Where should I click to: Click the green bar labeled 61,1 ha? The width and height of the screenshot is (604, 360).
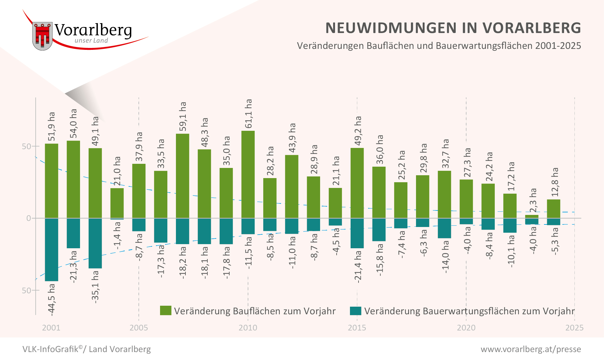pyautogui.click(x=248, y=174)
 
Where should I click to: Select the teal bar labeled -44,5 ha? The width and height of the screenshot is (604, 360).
pyautogui.click(x=51, y=250)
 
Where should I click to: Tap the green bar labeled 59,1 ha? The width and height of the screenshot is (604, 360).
pyautogui.click(x=182, y=176)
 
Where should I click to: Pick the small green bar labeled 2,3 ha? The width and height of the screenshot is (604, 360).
pyautogui.click(x=532, y=217)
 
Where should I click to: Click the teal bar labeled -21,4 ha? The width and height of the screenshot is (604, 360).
pyautogui.click(x=357, y=233)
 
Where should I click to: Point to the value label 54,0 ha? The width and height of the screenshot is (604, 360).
pyautogui.click(x=73, y=123)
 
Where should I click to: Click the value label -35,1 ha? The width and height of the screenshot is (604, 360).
pyautogui.click(x=95, y=287)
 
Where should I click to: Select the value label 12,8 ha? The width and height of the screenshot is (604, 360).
pyautogui.click(x=554, y=182)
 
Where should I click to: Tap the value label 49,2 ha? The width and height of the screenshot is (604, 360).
pyautogui.click(x=358, y=130)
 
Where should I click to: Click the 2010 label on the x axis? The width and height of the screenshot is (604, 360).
pyautogui.click(x=248, y=328)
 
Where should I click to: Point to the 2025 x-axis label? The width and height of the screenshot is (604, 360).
pyautogui.click(x=574, y=328)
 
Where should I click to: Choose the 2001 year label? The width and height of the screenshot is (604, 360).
pyautogui.click(x=51, y=328)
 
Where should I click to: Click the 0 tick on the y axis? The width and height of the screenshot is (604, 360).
pyautogui.click(x=29, y=218)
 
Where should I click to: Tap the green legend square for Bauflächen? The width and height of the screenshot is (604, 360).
pyautogui.click(x=165, y=310)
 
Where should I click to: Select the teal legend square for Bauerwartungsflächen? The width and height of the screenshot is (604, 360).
pyautogui.click(x=355, y=310)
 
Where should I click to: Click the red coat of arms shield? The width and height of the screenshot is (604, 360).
pyautogui.click(x=42, y=36)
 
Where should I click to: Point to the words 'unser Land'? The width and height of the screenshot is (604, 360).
pyautogui.click(x=91, y=41)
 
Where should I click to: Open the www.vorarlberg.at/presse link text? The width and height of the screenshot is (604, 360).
pyautogui.click(x=531, y=349)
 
